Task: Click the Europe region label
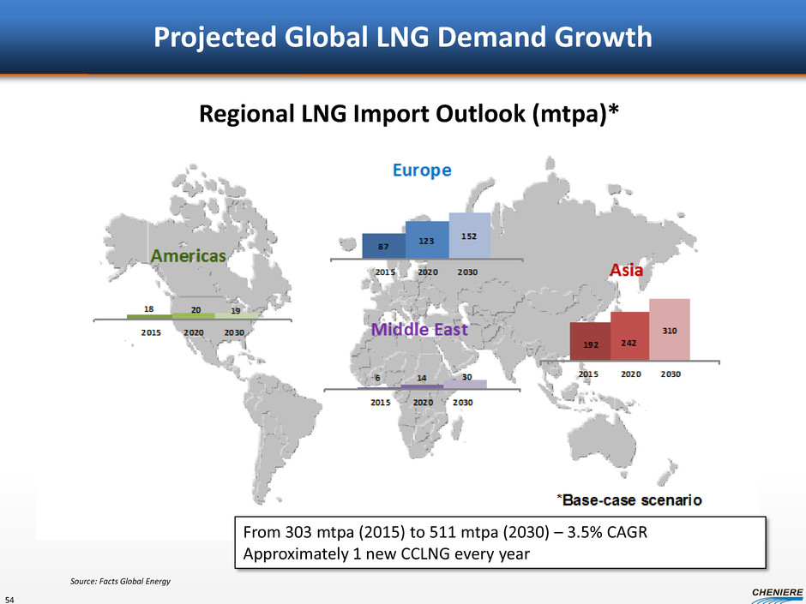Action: coord(422,170)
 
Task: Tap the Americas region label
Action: coord(189,255)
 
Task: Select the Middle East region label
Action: coord(419,329)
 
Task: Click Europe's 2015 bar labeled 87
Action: coord(383,246)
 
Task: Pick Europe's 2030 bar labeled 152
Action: coord(470,235)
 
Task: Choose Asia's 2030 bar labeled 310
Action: coord(669,329)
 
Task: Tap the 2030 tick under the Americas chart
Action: coord(234,332)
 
